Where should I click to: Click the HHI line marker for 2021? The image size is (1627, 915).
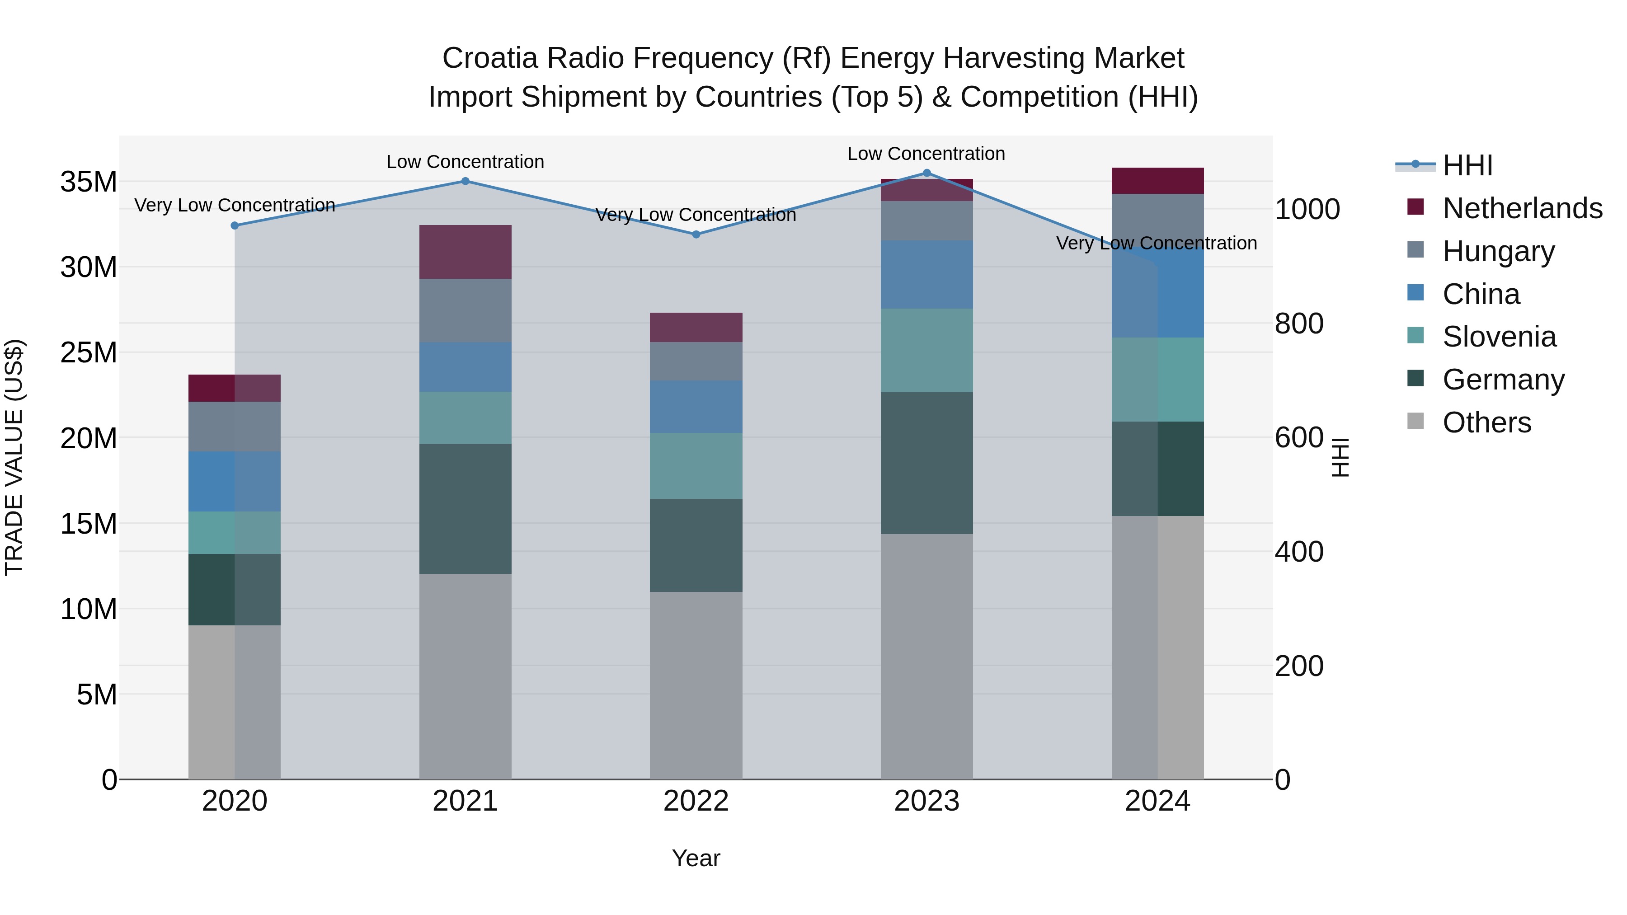465,181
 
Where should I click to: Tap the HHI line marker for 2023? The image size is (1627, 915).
926,173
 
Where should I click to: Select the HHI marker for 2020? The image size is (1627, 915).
234,225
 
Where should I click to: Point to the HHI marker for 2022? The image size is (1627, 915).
696,234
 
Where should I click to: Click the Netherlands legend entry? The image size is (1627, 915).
1522,208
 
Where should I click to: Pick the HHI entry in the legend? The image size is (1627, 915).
1467,165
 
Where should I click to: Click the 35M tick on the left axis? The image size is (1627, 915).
89,182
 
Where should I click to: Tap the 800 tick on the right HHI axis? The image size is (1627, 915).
1298,324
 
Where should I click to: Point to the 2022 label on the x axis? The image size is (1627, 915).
696,801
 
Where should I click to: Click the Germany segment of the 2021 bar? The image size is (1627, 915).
465,508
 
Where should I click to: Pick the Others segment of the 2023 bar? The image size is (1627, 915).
926,657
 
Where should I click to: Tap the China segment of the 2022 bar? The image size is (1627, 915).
696,407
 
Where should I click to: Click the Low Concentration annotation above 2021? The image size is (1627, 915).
465,162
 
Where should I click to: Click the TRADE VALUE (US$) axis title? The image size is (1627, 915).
14,457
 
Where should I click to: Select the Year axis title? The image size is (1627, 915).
696,858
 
